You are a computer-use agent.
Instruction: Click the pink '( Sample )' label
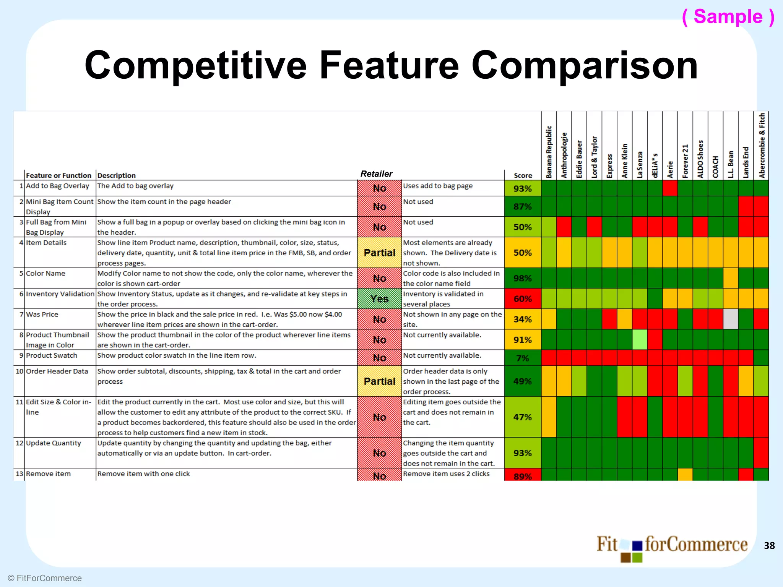(728, 17)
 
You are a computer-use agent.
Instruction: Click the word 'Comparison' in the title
(585, 66)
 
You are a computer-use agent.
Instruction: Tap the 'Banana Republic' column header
(549, 152)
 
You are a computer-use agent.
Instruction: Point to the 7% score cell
(522, 358)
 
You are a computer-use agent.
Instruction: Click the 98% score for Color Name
(522, 278)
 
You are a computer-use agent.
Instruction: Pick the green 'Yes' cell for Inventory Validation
(379, 299)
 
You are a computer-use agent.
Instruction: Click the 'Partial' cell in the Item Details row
(379, 253)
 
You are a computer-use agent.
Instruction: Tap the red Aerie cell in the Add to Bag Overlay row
(670, 188)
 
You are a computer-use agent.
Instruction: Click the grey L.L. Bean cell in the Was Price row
(731, 319)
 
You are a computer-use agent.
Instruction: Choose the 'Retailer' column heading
(376, 174)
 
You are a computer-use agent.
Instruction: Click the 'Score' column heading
(523, 175)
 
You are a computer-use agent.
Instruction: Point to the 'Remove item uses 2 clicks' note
(446, 474)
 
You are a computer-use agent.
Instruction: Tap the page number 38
(769, 546)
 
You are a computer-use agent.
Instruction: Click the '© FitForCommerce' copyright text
(45, 578)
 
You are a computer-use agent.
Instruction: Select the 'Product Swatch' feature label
(52, 355)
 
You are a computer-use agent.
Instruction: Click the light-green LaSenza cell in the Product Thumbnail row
(640, 340)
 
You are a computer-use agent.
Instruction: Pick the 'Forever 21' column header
(685, 161)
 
